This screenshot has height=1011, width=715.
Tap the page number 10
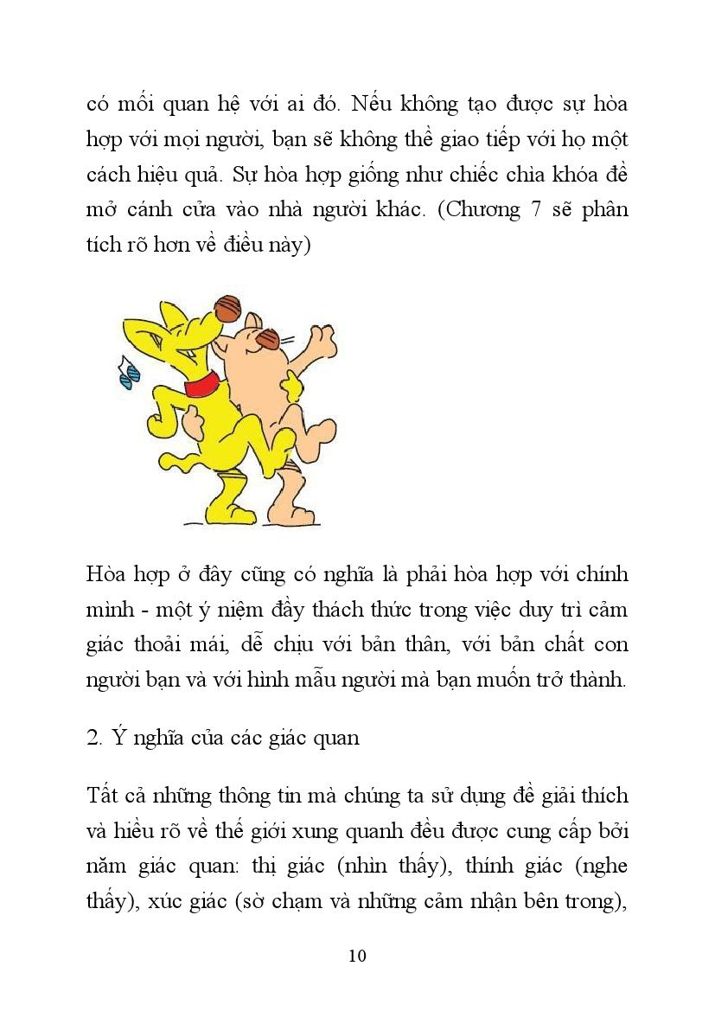[357, 956]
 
